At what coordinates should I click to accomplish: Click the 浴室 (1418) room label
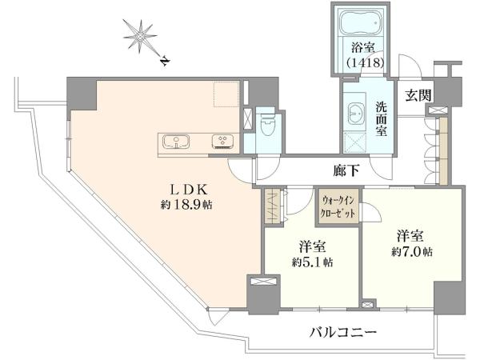[x=365, y=55]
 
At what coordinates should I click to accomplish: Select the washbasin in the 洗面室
[x=356, y=112]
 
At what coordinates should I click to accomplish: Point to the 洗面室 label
[x=382, y=118]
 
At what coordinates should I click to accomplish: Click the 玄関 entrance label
[x=418, y=95]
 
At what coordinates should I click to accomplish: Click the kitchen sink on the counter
[x=176, y=142]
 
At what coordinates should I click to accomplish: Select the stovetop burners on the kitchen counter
[x=223, y=142]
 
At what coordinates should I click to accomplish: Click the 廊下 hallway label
[x=346, y=171]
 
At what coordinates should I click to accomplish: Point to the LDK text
[x=189, y=190]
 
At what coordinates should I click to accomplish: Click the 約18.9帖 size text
[x=186, y=205]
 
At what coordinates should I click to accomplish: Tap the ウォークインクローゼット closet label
[x=338, y=206]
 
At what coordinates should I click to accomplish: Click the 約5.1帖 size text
[x=313, y=262]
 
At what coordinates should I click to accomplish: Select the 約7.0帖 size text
[x=412, y=252]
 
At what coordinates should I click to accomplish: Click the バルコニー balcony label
[x=343, y=332]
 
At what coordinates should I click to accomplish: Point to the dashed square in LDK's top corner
[x=226, y=94]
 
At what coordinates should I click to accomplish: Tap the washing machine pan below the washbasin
[x=354, y=142]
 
